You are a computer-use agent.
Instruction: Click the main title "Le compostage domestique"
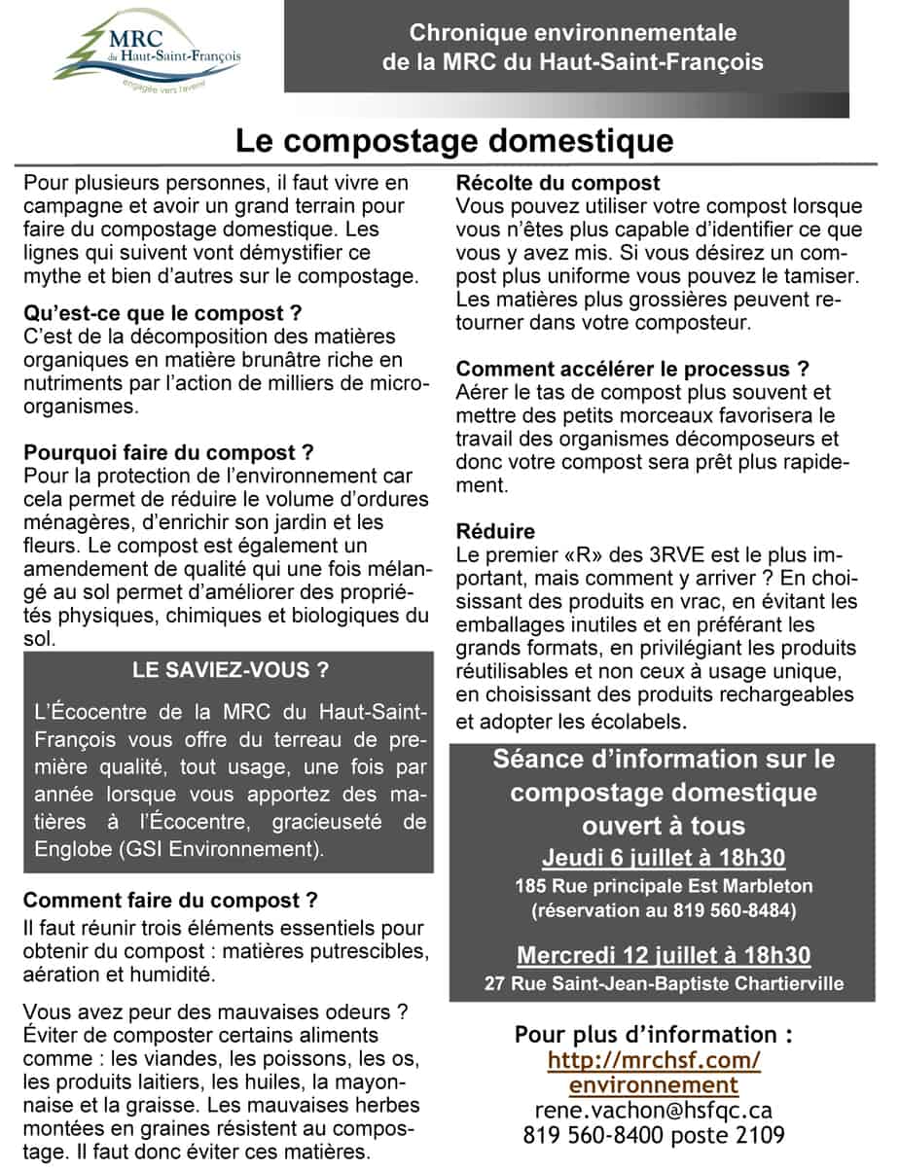click(454, 142)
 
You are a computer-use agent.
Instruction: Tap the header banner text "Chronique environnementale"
click(572, 33)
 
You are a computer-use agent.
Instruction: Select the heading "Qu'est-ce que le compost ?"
click(162, 314)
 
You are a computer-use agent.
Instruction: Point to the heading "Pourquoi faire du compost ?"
click(168, 453)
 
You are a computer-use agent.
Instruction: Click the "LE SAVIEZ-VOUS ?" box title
click(230, 670)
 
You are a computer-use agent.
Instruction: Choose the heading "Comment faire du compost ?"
click(170, 900)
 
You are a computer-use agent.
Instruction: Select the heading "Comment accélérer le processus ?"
click(632, 370)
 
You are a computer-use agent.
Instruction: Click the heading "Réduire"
click(495, 532)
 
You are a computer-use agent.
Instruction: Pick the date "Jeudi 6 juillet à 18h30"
click(664, 859)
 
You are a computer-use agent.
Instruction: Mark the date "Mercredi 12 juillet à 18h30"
click(664, 954)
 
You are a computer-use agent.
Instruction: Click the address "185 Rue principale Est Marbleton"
click(664, 887)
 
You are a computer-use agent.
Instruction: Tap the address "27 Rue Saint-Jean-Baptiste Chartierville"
click(664, 983)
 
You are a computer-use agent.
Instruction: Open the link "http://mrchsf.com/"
click(654, 1060)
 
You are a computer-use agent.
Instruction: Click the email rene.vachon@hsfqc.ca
click(654, 1110)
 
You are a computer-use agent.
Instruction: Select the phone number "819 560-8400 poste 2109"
click(654, 1135)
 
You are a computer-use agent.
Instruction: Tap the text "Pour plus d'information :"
click(654, 1035)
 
